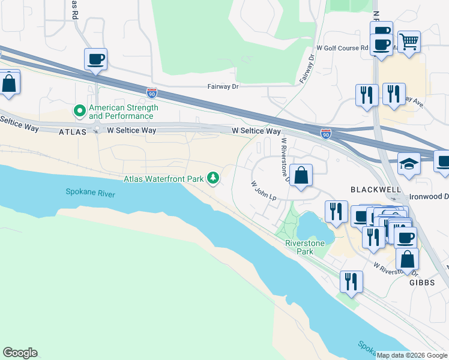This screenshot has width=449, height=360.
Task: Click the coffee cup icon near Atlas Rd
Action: point(96,59)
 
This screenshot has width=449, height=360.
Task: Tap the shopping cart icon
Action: point(409,42)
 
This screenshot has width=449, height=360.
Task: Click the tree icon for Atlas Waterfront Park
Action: point(212,178)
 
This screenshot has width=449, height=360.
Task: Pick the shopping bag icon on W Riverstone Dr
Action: point(301,176)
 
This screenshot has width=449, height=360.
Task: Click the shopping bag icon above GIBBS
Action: point(407,259)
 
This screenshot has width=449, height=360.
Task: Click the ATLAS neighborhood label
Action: point(73,131)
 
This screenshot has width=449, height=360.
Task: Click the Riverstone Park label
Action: point(299,247)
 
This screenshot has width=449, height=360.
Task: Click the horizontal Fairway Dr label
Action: point(223,87)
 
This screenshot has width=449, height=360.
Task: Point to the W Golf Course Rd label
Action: point(342,48)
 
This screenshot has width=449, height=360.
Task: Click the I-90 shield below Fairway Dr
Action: point(152,93)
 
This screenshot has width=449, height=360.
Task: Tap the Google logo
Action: point(20,353)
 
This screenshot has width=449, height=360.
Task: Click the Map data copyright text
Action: point(412,355)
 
